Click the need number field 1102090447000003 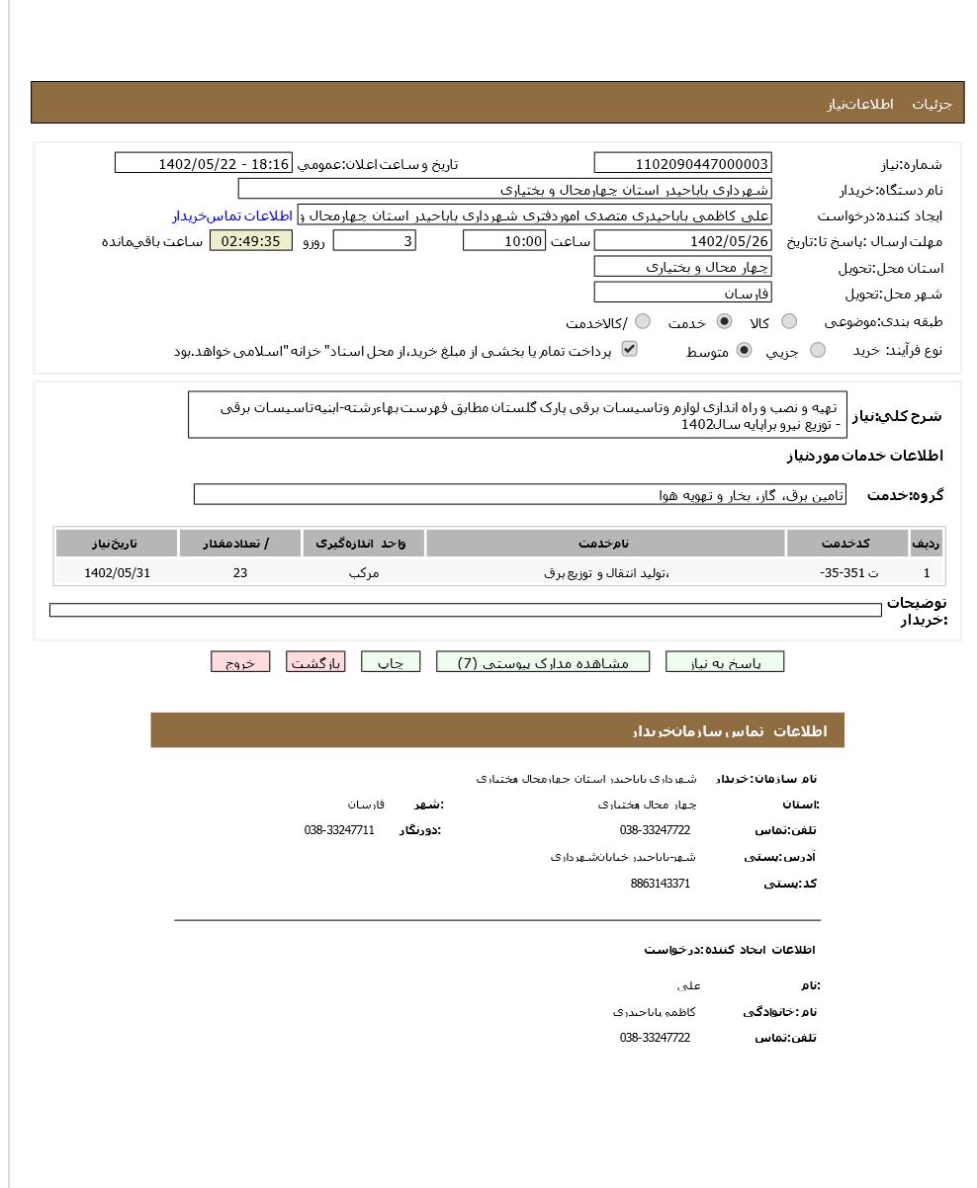click(682, 164)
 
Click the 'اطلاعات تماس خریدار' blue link click(232, 215)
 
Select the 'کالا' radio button click(788, 321)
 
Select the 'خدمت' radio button click(724, 321)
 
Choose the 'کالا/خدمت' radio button click(643, 321)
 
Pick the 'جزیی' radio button click(817, 350)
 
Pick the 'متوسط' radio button click(744, 350)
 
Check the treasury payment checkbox click(629, 349)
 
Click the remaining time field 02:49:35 click(251, 241)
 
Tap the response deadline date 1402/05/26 click(682, 241)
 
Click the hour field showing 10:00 click(504, 241)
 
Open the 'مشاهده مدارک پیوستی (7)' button click(543, 662)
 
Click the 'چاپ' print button click(391, 662)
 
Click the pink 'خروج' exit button click(240, 662)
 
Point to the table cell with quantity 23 click(240, 572)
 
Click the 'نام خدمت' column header click(605, 544)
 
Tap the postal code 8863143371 click(660, 884)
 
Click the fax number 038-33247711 click(339, 830)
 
